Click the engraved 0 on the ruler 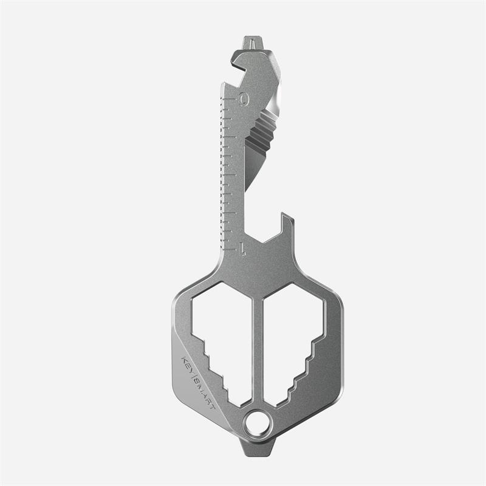tap(244, 98)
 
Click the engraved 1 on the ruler tap(242, 248)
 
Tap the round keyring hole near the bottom tap(258, 423)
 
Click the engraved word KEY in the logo tap(186, 364)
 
